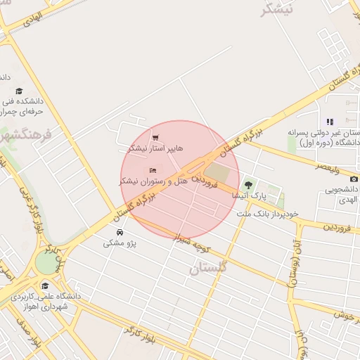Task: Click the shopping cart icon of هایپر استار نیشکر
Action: tap(155, 137)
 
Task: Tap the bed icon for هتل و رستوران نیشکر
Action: tap(153, 169)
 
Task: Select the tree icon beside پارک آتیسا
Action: tap(247, 185)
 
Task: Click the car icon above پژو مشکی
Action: tap(120, 231)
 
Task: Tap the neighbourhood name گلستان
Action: tap(209, 268)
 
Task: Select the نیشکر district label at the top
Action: tap(277, 10)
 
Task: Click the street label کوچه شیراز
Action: tap(202, 241)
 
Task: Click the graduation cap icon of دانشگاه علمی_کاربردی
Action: tap(46, 285)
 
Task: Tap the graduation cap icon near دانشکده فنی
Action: tap(19, 91)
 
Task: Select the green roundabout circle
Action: tap(46, 262)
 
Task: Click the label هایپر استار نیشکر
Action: tap(155, 149)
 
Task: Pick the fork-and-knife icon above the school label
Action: tap(330, 122)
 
